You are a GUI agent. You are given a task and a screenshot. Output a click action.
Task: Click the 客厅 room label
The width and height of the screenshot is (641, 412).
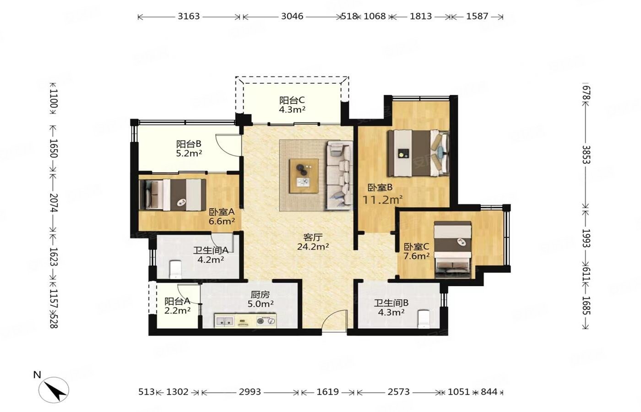(313, 237)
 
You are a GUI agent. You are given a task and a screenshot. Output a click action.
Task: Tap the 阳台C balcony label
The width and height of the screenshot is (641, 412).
(292, 100)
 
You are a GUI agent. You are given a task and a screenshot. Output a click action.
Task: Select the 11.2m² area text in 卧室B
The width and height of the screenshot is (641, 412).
(383, 200)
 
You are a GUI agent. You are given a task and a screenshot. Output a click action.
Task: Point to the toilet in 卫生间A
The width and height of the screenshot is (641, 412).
(175, 269)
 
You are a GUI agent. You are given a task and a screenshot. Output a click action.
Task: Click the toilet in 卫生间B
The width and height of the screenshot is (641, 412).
(424, 319)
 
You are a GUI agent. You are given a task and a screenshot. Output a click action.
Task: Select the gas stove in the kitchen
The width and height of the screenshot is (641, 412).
(266, 321)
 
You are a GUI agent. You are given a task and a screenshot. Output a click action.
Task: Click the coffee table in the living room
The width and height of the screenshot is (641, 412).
(304, 176)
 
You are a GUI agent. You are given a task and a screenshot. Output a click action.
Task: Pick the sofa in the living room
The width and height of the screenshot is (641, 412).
(339, 175)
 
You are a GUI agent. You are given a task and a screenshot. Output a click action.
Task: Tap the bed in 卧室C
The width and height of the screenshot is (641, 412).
(453, 249)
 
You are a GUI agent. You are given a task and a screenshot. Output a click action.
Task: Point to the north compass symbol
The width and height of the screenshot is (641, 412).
(54, 390)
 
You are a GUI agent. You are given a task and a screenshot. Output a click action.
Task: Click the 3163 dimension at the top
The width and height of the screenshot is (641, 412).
(189, 16)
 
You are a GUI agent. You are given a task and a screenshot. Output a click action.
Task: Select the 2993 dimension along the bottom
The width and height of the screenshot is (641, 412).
(250, 392)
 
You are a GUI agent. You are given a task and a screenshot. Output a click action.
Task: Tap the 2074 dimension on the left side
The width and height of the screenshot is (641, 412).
(54, 203)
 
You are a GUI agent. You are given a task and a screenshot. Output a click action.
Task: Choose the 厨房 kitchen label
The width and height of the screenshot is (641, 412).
(260, 294)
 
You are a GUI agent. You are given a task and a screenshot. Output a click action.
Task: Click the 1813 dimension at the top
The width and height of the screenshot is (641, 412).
(421, 16)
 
